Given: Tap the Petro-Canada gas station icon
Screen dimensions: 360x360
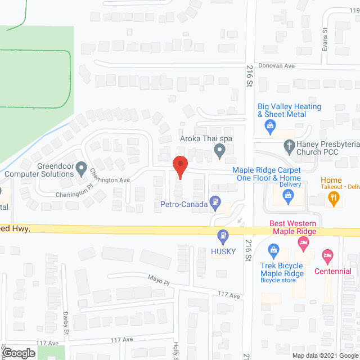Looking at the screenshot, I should click(x=214, y=201).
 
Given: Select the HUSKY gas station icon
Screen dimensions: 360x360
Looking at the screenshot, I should click(x=223, y=235).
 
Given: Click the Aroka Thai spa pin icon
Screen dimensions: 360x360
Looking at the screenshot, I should click(x=220, y=150).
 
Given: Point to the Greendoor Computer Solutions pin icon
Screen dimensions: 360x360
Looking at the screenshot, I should click(x=81, y=168).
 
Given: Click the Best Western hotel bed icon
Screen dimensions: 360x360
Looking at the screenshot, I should click(x=303, y=244).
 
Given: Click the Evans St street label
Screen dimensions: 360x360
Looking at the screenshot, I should click(x=325, y=39).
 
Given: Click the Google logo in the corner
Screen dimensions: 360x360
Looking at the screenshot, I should click(x=18, y=353).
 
